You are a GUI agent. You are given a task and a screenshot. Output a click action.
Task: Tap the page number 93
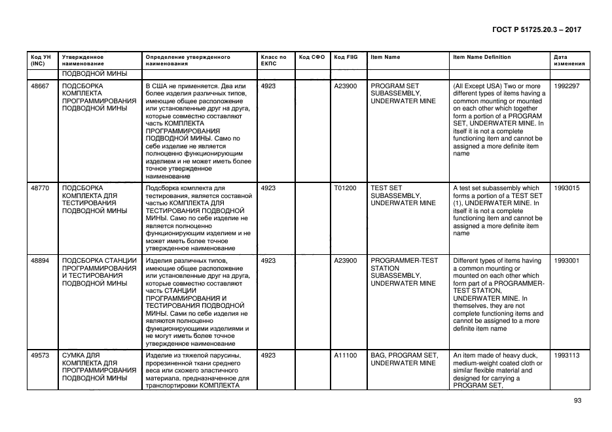577,401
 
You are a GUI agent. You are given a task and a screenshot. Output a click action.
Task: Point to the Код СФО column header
312,58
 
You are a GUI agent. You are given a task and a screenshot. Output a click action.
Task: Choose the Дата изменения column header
565,61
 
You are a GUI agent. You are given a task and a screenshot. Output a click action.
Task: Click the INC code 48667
40,86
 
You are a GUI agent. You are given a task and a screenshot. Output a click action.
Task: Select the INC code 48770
40,188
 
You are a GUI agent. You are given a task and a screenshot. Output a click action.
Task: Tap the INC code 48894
40,260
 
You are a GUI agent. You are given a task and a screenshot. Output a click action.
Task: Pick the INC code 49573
40,355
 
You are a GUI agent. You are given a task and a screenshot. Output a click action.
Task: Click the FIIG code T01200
345,188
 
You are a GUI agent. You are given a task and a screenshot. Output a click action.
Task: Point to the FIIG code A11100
345,355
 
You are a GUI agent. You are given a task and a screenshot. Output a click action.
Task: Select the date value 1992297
566,86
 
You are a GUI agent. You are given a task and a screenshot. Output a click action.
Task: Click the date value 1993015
566,188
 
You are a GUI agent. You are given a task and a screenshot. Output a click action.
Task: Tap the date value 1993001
566,260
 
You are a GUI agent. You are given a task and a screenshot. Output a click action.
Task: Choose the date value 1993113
566,355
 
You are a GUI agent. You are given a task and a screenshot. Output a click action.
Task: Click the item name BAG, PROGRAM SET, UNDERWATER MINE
404,359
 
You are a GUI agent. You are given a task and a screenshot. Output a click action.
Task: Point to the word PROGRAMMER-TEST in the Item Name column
404,260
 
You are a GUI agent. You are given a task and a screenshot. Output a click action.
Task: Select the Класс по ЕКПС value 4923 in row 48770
268,188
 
